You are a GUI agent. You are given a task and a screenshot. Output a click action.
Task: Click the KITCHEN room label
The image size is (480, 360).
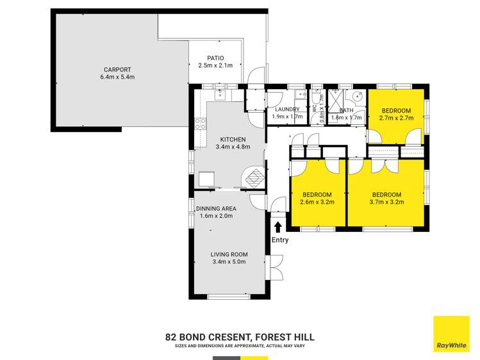(232, 140)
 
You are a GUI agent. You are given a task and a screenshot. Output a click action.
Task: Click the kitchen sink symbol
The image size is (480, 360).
(219, 95)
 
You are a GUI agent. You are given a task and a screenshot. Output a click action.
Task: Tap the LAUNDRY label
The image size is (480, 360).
(286, 110)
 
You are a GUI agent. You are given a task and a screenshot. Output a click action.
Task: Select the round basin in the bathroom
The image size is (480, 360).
(357, 98)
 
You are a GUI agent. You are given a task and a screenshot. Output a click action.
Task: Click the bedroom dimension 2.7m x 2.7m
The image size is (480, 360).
(395, 119)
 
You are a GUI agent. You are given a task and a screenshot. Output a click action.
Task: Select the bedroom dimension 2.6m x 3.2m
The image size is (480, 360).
(317, 202)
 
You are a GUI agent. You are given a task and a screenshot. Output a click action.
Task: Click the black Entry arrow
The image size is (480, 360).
(277, 226)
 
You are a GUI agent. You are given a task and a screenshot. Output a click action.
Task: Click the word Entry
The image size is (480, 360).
(279, 240)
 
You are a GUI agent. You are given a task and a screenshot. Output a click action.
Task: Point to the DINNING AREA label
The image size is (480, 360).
(216, 208)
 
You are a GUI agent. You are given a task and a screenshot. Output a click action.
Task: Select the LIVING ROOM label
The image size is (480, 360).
(229, 254)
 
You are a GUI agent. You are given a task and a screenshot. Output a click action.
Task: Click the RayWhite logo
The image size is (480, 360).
(451, 334)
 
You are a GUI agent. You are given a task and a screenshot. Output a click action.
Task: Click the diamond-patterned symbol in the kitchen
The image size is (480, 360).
(254, 177)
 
